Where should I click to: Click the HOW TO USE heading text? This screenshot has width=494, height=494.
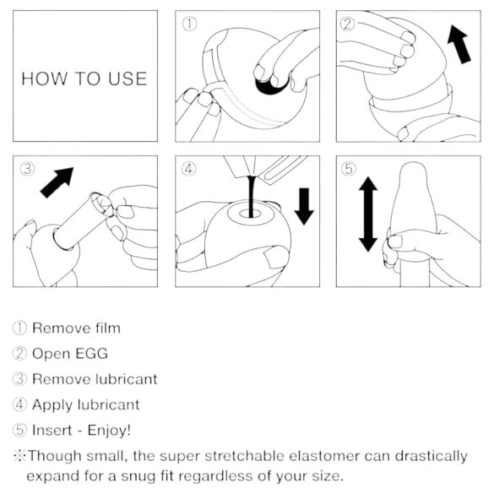click(84, 79)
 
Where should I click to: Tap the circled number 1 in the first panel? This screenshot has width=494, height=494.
click(190, 24)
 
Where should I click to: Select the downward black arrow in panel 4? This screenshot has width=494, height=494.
click(304, 205)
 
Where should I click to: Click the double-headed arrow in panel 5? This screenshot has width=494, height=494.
click(368, 215)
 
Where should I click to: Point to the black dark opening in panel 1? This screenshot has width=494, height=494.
click(271, 83)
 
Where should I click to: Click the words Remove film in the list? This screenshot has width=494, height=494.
click(76, 328)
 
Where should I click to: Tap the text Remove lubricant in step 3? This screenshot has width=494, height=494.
click(95, 378)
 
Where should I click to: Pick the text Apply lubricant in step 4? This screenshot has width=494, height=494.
click(85, 404)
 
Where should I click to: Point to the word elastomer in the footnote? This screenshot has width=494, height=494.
click(312, 456)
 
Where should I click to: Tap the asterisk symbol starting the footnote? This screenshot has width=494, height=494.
click(18, 456)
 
